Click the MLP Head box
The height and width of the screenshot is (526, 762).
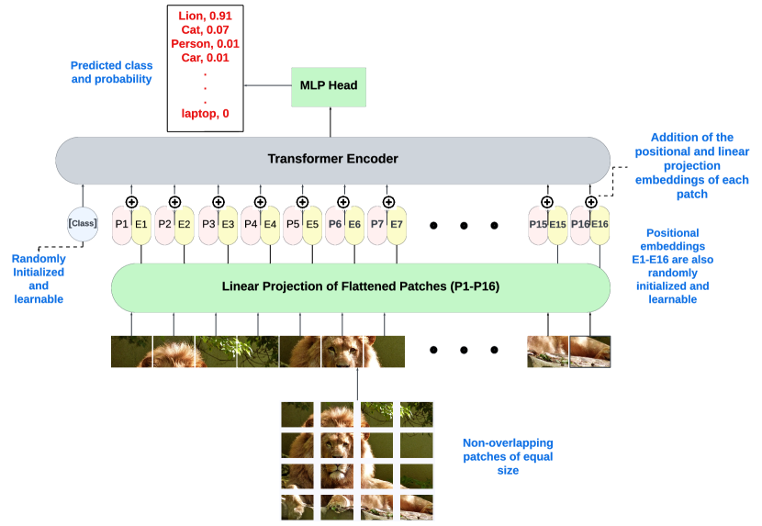tap(328, 85)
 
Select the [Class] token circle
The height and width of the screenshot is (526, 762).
tap(83, 224)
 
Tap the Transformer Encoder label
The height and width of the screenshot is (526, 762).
tap(332, 159)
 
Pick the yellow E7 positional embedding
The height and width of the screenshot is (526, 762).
tap(397, 224)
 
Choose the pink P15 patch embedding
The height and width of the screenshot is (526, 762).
tap(538, 224)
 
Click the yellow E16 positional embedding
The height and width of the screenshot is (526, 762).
tap(600, 224)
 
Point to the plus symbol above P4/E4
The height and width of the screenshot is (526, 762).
tap(260, 202)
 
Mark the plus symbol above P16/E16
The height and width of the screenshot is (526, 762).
tap(589, 202)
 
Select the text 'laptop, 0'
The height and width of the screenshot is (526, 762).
tap(206, 114)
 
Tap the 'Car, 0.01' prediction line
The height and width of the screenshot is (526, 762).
tap(206, 57)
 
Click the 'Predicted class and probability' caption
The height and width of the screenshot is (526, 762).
tap(111, 73)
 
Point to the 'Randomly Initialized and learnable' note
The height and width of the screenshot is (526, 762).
tap(39, 279)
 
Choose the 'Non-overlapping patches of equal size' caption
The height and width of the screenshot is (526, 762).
tap(507, 456)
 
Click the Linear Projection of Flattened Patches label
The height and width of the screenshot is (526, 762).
tap(360, 285)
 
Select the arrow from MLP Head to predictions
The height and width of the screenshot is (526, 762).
tap(267, 85)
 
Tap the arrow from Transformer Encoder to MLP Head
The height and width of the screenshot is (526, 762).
tap(328, 121)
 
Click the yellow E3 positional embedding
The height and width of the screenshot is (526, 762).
tap(228, 224)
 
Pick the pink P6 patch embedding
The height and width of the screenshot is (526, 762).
tap(335, 224)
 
